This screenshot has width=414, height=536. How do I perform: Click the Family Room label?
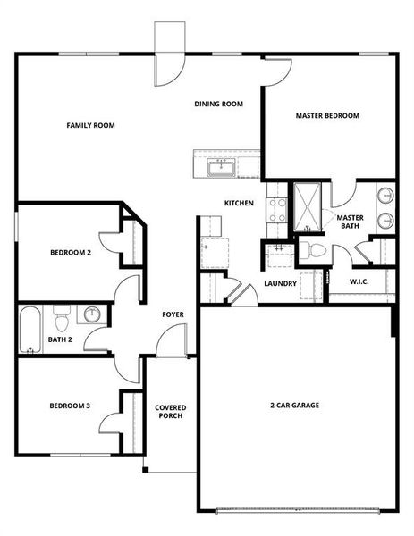click(x=91, y=125)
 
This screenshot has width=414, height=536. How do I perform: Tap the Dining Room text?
click(x=219, y=104)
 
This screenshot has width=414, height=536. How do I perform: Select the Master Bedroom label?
click(x=327, y=115)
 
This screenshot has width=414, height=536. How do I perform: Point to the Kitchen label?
click(x=239, y=204)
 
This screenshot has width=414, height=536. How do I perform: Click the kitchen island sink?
click(x=219, y=166)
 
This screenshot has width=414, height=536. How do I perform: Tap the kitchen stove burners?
click(x=276, y=210)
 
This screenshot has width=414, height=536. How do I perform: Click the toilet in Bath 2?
click(x=62, y=317)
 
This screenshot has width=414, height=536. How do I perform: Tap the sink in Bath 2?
click(x=92, y=314)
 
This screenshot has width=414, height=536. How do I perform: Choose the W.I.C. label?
click(x=359, y=281)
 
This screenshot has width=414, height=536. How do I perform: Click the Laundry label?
click(x=280, y=285)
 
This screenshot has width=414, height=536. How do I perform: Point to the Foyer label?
click(x=173, y=314)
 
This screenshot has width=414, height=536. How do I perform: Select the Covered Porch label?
click(x=171, y=411)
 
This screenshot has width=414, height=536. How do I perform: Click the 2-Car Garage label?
click(x=294, y=405)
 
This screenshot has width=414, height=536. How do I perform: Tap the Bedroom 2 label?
click(x=70, y=253)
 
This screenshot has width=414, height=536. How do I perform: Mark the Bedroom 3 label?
click(x=70, y=406)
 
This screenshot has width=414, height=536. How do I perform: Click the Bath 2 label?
click(x=60, y=339)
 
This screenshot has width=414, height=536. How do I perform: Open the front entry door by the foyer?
click(x=170, y=340)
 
